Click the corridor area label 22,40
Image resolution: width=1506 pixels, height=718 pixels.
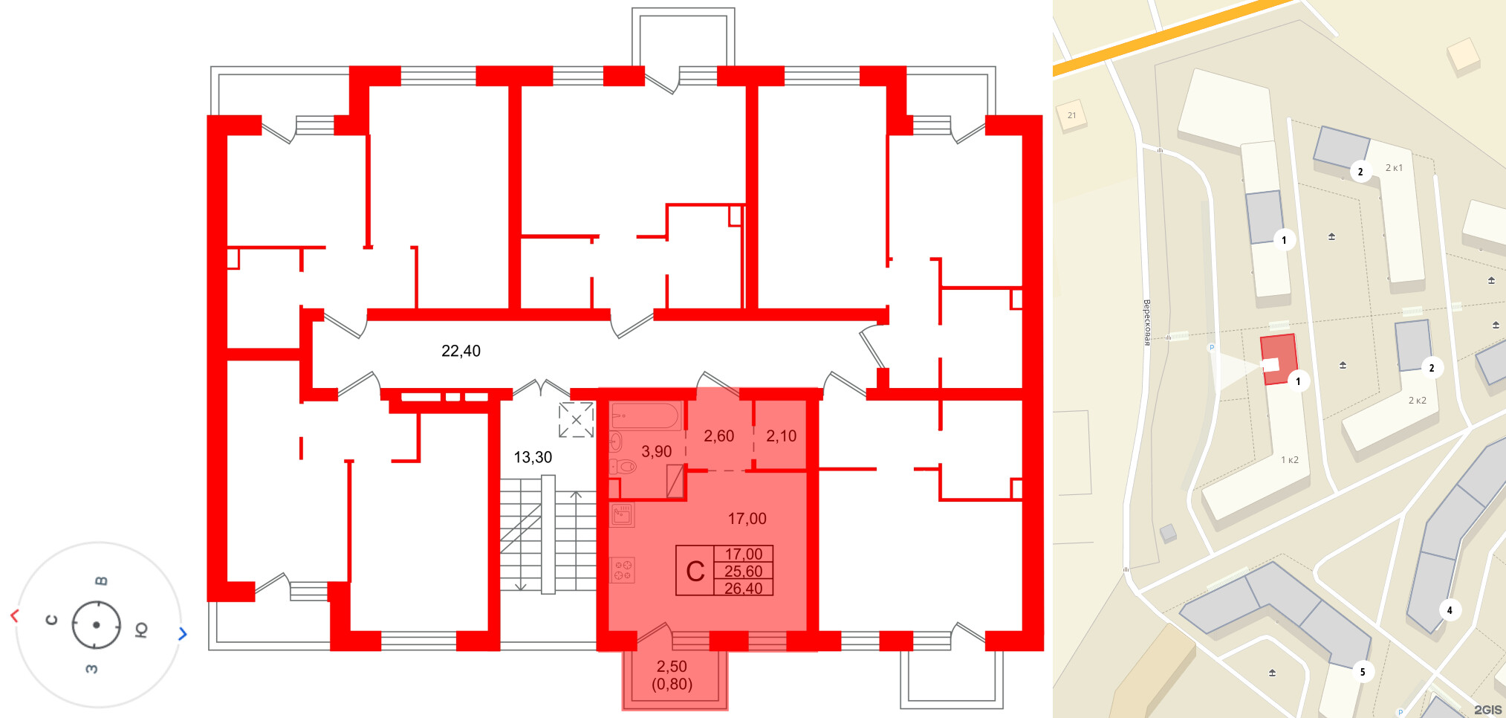tap(461, 351)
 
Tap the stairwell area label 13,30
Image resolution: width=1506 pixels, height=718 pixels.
tap(533, 457)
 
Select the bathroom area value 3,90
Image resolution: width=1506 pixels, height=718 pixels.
tap(656, 451)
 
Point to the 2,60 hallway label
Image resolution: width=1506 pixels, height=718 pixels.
tap(718, 436)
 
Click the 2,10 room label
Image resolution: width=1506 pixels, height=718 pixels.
tap(781, 436)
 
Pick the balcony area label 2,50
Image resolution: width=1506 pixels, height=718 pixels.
tap(672, 667)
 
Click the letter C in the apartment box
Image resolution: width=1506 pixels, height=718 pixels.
tap(695, 572)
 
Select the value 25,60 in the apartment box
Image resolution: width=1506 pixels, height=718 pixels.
tap(743, 572)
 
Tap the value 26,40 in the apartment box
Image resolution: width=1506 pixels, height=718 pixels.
tap(743, 589)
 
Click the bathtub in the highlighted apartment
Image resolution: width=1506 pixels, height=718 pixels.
tap(645, 415)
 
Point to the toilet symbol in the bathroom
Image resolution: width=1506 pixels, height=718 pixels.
tap(624, 467)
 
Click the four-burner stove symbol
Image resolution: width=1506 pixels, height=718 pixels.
tap(623, 570)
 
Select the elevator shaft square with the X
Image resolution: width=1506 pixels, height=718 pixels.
tap(576, 420)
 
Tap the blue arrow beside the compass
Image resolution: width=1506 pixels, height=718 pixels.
tap(183, 634)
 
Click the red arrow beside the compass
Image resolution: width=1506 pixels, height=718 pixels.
tap(14, 615)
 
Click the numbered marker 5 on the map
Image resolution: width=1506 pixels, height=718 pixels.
tap(1363, 672)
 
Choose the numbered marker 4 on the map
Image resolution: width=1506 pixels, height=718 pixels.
tap(1449, 610)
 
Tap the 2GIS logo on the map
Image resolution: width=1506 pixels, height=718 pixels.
tap(1487, 710)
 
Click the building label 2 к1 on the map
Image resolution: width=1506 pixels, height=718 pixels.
tap(1394, 168)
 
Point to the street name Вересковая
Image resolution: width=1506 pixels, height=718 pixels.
tap(1146, 323)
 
